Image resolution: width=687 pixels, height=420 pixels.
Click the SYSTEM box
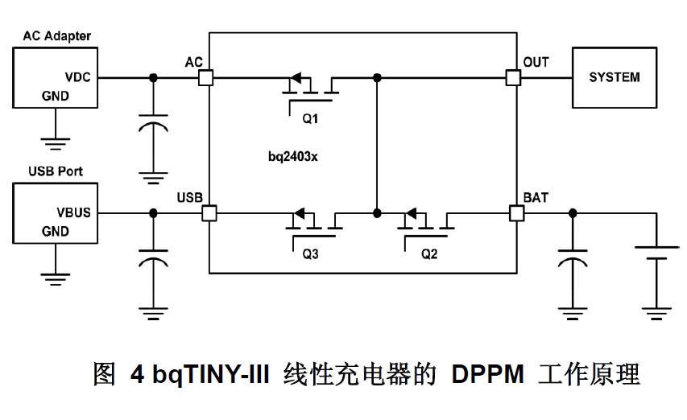[614, 78]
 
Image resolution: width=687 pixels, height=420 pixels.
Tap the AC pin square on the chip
[205, 78]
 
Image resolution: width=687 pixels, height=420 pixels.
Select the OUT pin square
[513, 78]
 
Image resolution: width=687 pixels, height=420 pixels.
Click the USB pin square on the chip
[209, 213]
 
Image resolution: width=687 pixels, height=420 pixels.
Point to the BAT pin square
[516, 213]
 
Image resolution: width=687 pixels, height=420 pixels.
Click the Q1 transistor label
[311, 118]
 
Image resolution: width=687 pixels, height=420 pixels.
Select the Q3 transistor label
[311, 254]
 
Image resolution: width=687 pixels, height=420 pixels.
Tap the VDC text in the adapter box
[78, 77]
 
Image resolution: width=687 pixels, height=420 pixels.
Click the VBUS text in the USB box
[73, 213]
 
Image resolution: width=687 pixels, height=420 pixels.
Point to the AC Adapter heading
[56, 35]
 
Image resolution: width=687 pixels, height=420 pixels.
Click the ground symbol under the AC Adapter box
[55, 144]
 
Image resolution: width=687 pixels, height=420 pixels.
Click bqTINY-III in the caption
[205, 375]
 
